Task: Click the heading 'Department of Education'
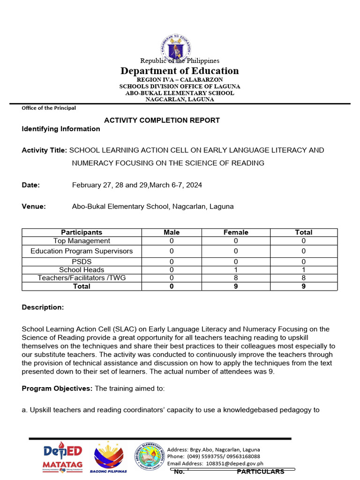(180, 71)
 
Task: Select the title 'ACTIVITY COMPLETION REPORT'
(162, 120)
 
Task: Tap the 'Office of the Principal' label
(49, 108)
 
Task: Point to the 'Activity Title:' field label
(45, 150)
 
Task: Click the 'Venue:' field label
(34, 207)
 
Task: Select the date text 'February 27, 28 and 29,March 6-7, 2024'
(137, 185)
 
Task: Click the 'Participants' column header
(82, 232)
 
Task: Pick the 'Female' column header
(236, 232)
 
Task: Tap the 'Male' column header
(172, 232)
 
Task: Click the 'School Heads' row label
(82, 270)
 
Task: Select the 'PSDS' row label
(82, 262)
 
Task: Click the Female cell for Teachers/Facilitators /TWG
(236, 278)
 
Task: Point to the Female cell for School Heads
(236, 270)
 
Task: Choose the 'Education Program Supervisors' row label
(82, 251)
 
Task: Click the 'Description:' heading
(43, 307)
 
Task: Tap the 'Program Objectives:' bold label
(58, 389)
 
